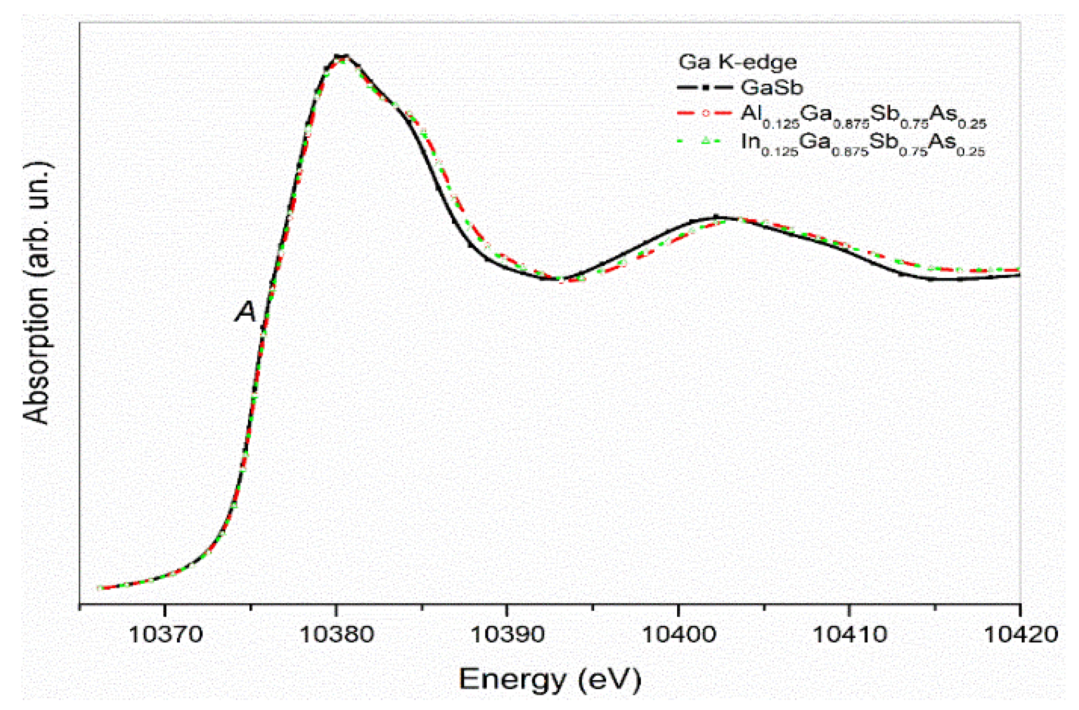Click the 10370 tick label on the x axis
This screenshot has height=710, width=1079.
(x=166, y=634)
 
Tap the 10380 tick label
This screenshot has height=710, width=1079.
(x=336, y=634)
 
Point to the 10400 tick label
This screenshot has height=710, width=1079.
(x=679, y=634)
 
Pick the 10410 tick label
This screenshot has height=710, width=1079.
(x=850, y=634)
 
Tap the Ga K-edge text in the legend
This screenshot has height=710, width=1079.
(x=737, y=62)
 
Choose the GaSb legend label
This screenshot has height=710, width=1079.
(x=772, y=87)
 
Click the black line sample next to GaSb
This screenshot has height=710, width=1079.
(x=704, y=87)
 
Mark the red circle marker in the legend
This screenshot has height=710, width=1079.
(x=705, y=112)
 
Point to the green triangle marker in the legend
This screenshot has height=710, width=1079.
(x=705, y=141)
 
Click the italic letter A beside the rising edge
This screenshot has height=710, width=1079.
(x=246, y=312)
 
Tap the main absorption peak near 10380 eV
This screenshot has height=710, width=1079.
(x=341, y=57)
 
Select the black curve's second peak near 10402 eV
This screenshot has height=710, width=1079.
(x=716, y=217)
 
